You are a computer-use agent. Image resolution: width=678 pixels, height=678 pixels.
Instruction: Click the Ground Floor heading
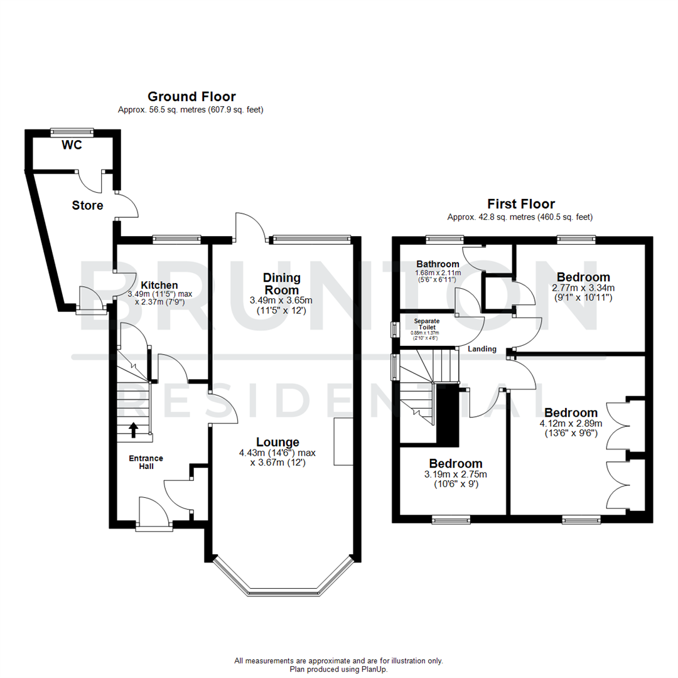click(191, 97)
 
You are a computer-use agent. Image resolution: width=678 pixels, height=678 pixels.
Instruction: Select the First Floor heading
click(521, 204)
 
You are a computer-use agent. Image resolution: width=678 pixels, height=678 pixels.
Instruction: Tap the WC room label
click(72, 146)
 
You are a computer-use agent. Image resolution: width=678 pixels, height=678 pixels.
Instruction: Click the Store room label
click(87, 205)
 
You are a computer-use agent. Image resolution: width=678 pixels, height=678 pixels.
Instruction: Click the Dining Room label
click(282, 283)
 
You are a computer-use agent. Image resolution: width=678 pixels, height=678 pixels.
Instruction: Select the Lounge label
click(277, 442)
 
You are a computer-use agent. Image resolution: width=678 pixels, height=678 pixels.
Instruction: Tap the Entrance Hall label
click(146, 462)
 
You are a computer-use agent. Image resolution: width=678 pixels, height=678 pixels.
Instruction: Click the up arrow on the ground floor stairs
click(134, 429)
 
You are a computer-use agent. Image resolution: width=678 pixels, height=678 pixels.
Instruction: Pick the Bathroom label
click(438, 264)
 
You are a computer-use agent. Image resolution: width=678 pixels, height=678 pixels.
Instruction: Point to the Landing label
click(482, 349)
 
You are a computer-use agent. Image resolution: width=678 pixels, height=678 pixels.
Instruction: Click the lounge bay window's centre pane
click(285, 591)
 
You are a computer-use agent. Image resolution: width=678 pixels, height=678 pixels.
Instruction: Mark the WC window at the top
click(72, 132)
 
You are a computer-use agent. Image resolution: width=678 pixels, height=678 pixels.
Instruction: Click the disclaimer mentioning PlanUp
click(338, 669)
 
